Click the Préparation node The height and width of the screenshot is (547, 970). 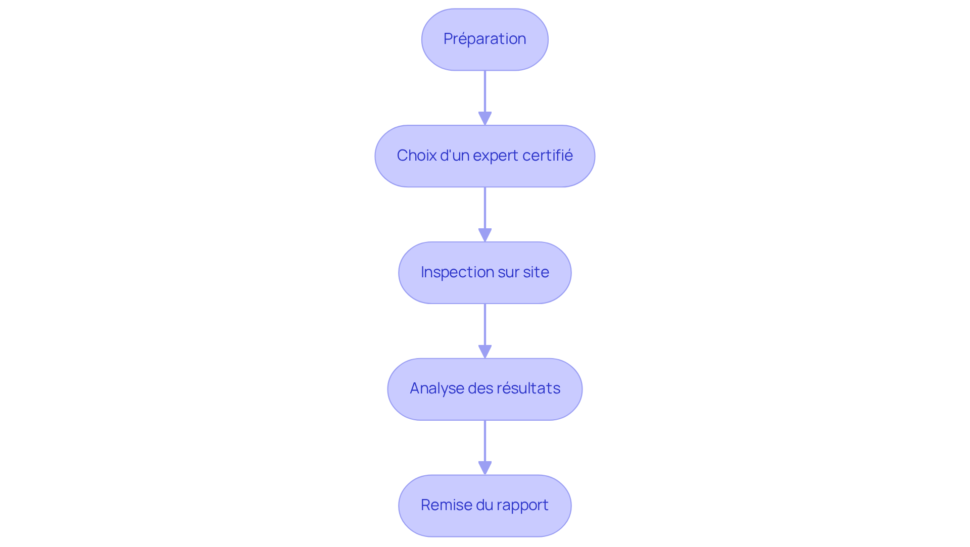pos(484,39)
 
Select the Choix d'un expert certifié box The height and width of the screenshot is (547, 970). pos(484,156)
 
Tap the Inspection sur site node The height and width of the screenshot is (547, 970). pos(484,273)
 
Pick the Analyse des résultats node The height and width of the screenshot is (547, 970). pos(484,389)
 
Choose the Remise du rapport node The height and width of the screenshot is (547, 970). pos(484,506)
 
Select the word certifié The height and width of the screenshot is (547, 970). pos(548,156)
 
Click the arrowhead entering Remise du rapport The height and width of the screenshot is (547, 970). pos(484,468)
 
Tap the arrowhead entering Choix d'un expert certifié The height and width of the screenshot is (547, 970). pos(484,118)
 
